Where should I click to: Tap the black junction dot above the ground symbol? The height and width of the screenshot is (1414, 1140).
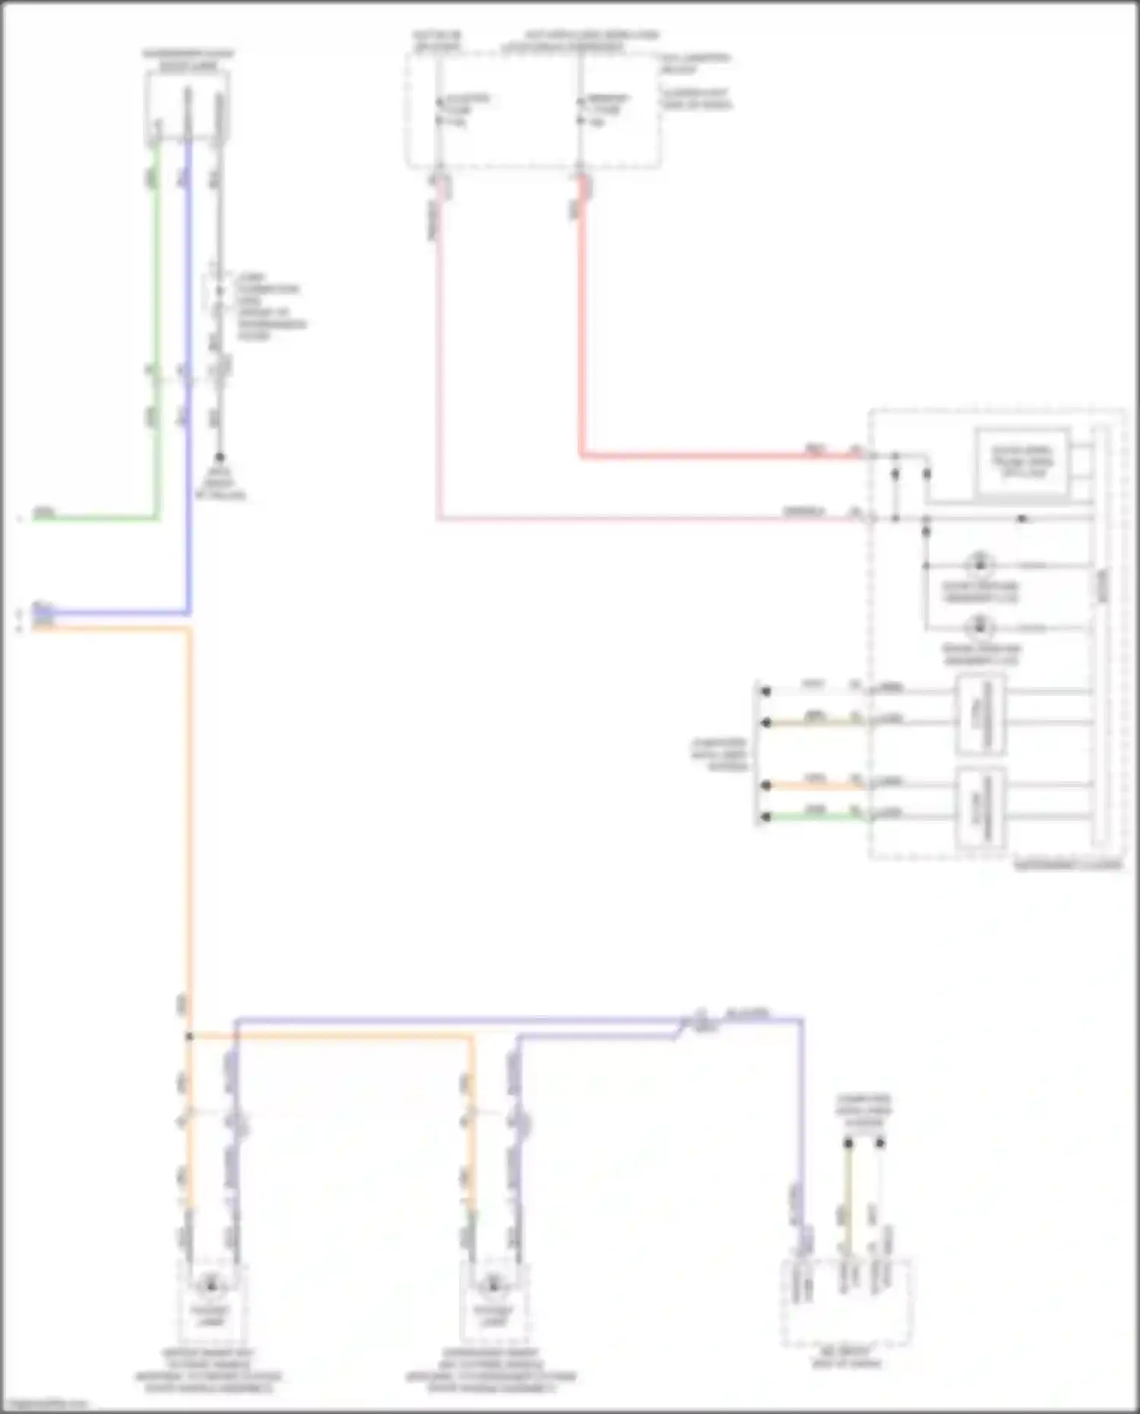tap(219, 457)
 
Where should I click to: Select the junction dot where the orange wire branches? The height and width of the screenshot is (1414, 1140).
tap(189, 1036)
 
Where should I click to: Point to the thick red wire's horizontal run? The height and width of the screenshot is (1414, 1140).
tap(722, 456)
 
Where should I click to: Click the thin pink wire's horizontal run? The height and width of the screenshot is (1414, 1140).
tap(646, 519)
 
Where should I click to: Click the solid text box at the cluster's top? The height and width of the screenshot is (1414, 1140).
tap(1023, 461)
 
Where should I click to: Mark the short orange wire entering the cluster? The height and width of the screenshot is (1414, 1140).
tap(813, 785)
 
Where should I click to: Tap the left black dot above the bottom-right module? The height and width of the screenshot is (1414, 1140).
tap(848, 1143)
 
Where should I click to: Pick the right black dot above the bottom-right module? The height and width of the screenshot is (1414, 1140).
tap(880, 1143)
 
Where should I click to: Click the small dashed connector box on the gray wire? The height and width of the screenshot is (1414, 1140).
tap(219, 293)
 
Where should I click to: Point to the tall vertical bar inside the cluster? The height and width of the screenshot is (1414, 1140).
tap(1100, 638)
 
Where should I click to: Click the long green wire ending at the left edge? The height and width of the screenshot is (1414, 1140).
tap(91, 519)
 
